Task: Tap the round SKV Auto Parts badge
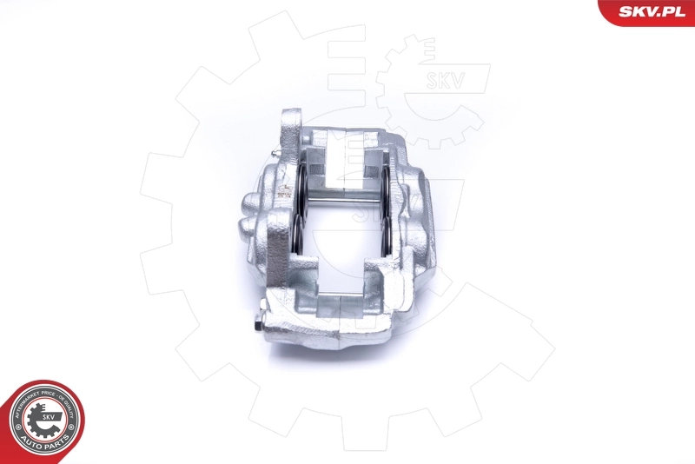[x=44, y=421]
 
